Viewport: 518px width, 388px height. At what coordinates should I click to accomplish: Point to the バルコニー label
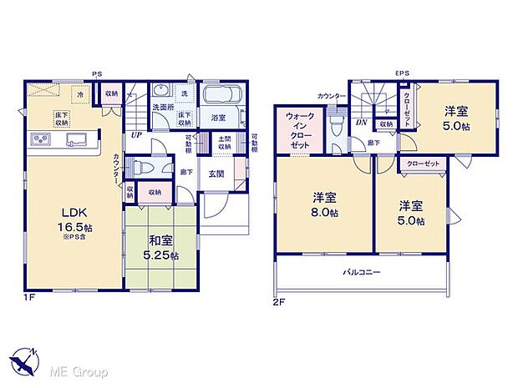(361, 272)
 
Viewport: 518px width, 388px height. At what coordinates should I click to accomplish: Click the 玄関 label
(216, 173)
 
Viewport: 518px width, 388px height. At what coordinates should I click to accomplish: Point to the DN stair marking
(360, 123)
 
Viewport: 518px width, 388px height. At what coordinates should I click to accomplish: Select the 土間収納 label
(225, 144)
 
